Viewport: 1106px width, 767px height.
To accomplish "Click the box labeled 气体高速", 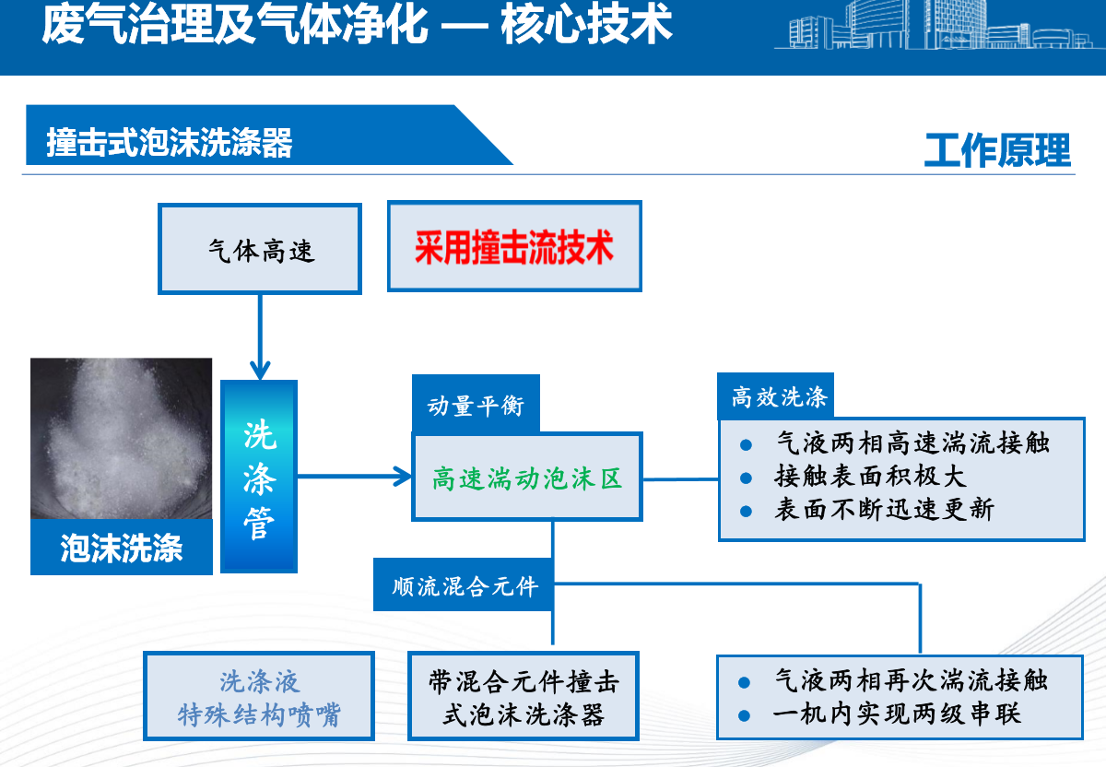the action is tap(260, 249).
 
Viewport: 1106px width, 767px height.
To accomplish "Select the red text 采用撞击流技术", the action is tap(514, 247).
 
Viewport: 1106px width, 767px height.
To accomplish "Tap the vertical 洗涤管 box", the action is tap(259, 476).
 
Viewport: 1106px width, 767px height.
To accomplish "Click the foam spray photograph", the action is tap(121, 438).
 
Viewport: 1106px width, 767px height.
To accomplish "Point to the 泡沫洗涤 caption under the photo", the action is tap(122, 548).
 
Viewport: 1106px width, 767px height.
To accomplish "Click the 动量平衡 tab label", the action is tap(476, 406).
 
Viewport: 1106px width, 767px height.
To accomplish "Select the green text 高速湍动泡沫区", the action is tap(527, 478).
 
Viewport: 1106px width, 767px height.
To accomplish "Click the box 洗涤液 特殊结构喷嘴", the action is tap(259, 696).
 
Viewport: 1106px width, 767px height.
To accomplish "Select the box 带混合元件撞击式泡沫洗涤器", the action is tap(524, 696).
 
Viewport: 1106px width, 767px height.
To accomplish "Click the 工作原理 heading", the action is tap(997, 149).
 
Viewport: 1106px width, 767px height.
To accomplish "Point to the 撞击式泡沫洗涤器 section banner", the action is tap(269, 135).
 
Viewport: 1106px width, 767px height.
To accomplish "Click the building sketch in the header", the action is tap(939, 25).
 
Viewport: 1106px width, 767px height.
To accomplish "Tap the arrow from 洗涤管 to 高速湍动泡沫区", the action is tap(355, 476).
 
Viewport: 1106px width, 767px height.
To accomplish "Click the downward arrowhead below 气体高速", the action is tap(260, 370).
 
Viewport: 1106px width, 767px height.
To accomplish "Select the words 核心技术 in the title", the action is tap(586, 23).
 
